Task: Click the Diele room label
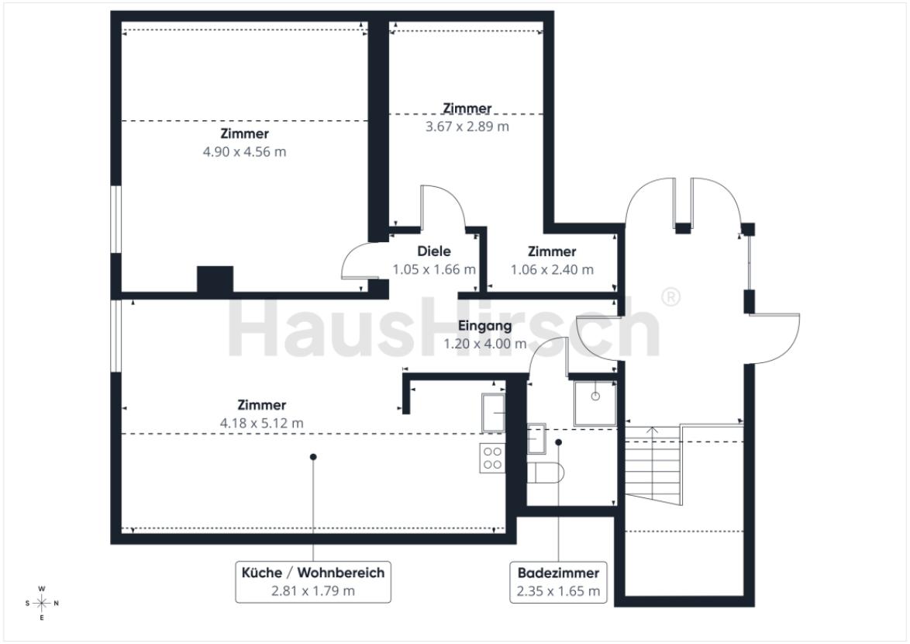click(x=433, y=251)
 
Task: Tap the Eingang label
click(x=484, y=326)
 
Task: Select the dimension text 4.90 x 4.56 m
click(x=244, y=152)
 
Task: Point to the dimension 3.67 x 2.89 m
click(x=467, y=126)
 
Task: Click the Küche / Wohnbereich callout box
click(x=313, y=582)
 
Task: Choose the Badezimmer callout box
click(x=558, y=582)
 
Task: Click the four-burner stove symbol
click(x=492, y=458)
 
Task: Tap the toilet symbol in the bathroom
click(x=545, y=472)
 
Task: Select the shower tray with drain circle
click(x=595, y=403)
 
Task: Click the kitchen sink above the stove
click(x=493, y=412)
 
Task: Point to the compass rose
click(x=42, y=604)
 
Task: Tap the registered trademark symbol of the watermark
click(x=671, y=296)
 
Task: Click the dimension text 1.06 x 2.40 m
click(x=552, y=270)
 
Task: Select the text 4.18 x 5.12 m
click(x=262, y=424)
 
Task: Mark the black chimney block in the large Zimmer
click(x=215, y=279)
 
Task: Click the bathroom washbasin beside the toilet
click(x=536, y=438)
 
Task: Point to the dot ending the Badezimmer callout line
click(x=558, y=442)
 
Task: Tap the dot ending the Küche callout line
click(x=313, y=457)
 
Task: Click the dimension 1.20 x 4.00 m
click(x=485, y=344)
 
